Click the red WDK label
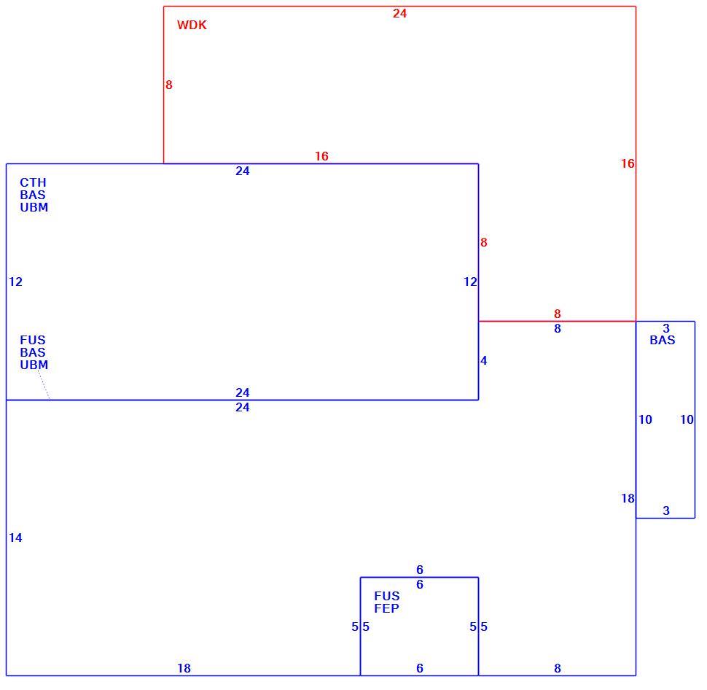(x=192, y=25)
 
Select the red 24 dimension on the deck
(x=399, y=14)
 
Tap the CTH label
(x=33, y=182)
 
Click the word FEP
(x=386, y=608)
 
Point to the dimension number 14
(x=15, y=538)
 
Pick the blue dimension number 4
(x=484, y=360)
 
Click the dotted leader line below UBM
(x=43, y=384)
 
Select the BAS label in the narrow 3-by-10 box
(x=663, y=340)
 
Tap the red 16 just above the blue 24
(x=321, y=156)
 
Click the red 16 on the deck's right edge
(x=628, y=163)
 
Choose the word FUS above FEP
(x=386, y=596)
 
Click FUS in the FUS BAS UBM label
(x=33, y=340)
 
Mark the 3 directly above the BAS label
(x=666, y=328)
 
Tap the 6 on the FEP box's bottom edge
(x=420, y=668)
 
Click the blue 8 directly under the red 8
(x=558, y=328)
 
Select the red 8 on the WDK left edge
(x=168, y=85)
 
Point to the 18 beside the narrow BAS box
(x=628, y=498)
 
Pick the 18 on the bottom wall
(x=184, y=668)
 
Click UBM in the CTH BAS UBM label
(x=34, y=207)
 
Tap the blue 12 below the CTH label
(x=15, y=282)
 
